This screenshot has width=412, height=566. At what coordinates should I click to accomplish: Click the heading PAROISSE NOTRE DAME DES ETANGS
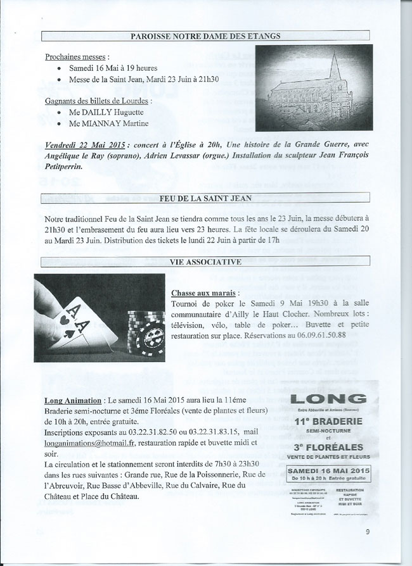(x=206, y=36)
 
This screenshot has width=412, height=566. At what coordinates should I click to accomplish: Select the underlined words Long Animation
(x=74, y=400)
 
